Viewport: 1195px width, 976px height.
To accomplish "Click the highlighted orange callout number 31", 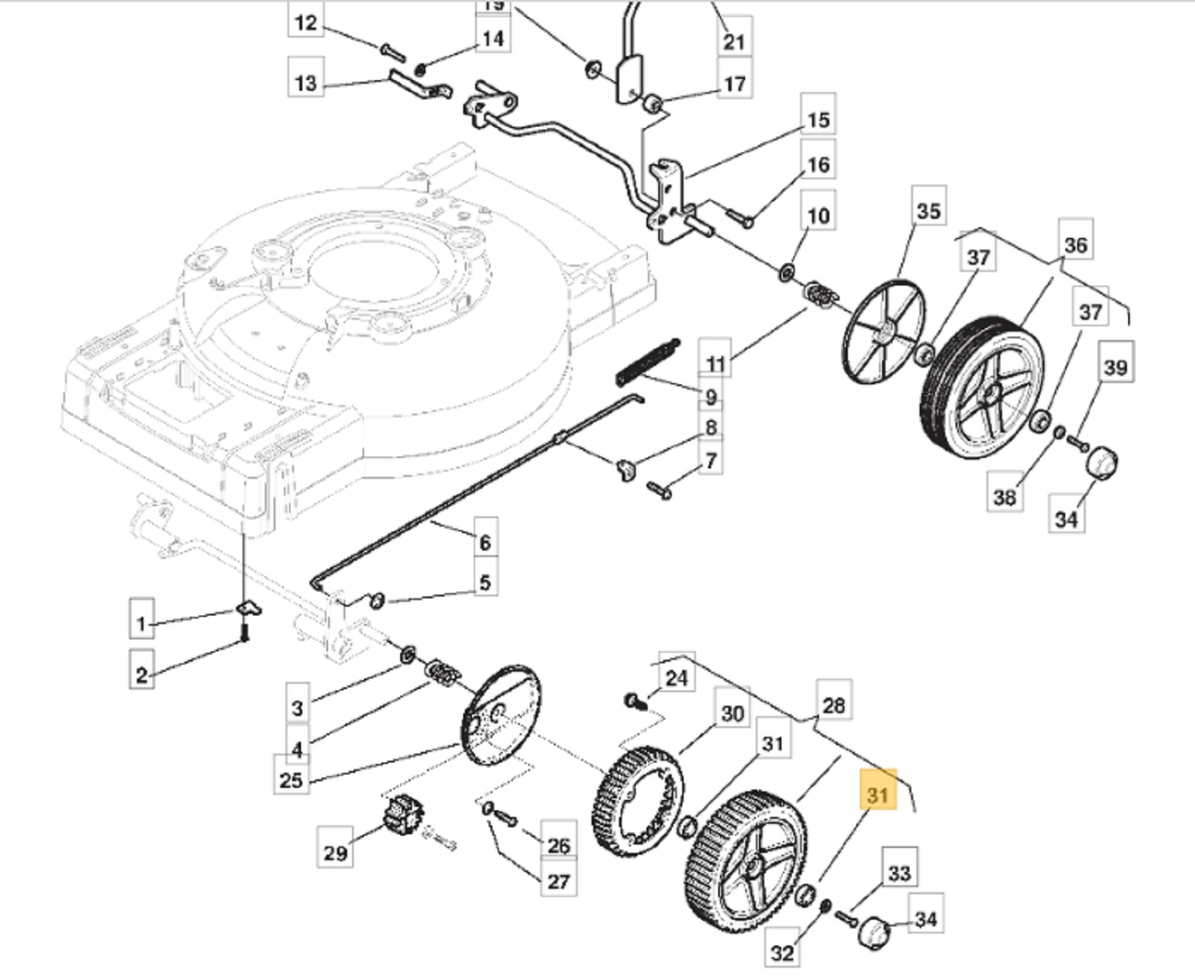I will click(x=878, y=796).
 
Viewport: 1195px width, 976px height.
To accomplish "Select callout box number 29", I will click(x=335, y=853).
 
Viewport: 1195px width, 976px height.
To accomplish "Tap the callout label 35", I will click(x=929, y=211).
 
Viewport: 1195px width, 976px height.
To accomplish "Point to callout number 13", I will click(x=306, y=82).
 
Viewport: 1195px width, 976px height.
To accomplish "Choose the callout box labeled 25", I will click(x=292, y=780).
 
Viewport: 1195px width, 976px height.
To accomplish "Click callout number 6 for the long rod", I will click(x=485, y=542).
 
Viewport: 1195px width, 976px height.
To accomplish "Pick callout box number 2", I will click(x=142, y=675).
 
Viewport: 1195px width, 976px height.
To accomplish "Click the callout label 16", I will click(x=818, y=164).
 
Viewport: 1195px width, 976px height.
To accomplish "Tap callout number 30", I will click(x=733, y=714).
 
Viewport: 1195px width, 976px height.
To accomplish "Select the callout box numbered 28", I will click(x=834, y=705).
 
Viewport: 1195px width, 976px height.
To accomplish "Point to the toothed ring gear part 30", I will click(x=639, y=801).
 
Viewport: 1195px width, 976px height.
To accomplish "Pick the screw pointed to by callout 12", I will click(x=393, y=53).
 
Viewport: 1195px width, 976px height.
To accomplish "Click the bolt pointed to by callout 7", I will click(x=659, y=490).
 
